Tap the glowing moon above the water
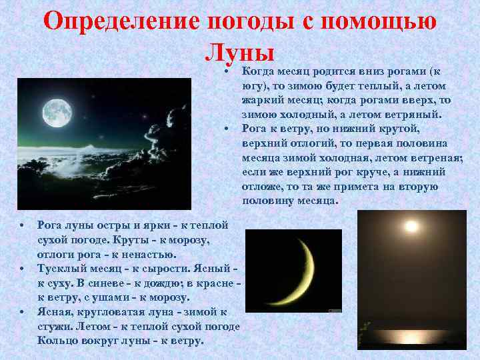pyautogui.click(x=411, y=227)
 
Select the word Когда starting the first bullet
pyautogui.click(x=257, y=71)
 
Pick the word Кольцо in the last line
pyautogui.click(x=58, y=341)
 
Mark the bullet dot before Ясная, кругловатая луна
pyautogui.click(x=21, y=311)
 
